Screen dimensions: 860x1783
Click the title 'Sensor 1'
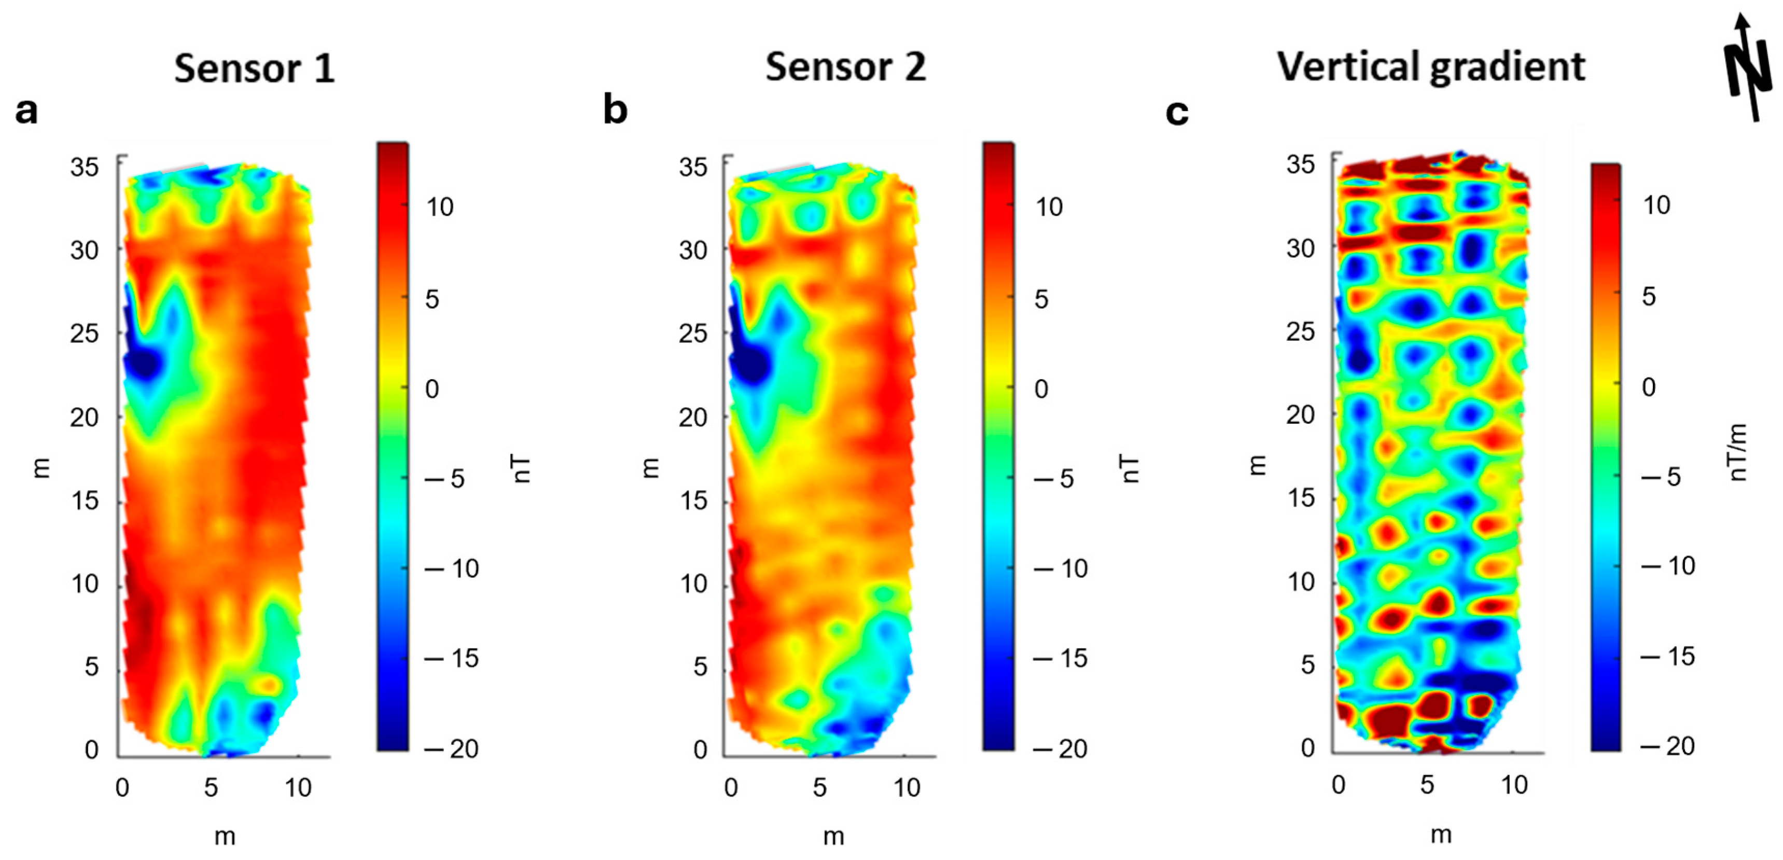click(x=254, y=68)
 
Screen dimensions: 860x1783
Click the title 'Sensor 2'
click(x=845, y=67)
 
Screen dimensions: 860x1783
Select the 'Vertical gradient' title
click(x=1431, y=67)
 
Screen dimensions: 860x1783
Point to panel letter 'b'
click(x=615, y=110)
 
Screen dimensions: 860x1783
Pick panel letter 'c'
click(x=1177, y=112)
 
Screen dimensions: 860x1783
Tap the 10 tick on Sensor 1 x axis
click(x=298, y=787)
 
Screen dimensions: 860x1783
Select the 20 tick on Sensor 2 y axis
click(x=693, y=418)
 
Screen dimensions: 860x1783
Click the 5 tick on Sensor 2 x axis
click(x=819, y=787)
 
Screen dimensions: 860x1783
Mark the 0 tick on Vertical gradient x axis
click(x=1338, y=784)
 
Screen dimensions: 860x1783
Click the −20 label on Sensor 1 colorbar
click(x=452, y=748)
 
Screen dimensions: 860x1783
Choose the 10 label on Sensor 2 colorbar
click(x=1049, y=206)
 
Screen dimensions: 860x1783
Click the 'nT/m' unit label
click(x=1737, y=452)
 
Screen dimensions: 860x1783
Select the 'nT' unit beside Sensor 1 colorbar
click(x=523, y=469)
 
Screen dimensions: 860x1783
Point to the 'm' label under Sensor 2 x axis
click(x=833, y=837)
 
